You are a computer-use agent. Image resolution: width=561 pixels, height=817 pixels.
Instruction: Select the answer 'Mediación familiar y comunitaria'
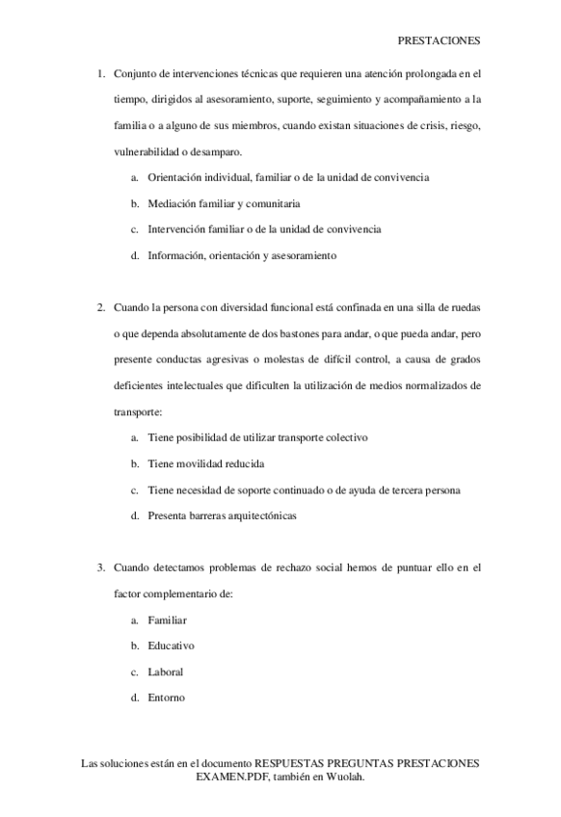224,203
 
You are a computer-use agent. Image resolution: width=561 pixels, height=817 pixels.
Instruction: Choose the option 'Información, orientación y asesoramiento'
241,255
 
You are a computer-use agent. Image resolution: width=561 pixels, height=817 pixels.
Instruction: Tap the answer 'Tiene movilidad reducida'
205,463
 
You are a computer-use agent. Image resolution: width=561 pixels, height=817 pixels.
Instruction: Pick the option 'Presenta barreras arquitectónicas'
222,515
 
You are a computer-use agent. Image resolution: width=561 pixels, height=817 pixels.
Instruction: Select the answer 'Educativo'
171,646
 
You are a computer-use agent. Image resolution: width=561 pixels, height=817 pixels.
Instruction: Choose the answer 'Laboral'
165,672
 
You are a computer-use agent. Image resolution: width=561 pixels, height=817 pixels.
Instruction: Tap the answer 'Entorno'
166,698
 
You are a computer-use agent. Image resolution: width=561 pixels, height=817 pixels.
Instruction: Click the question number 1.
101,73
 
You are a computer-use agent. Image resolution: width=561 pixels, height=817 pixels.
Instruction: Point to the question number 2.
101,307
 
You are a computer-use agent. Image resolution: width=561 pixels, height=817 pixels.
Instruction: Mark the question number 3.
101,567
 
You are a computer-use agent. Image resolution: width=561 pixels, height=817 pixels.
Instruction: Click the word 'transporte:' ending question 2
138,411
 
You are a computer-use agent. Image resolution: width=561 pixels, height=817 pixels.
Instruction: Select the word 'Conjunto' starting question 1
134,73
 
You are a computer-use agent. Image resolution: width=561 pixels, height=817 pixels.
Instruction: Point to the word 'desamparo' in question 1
216,151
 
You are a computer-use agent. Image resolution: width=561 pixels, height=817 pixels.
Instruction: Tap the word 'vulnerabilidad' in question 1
145,151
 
